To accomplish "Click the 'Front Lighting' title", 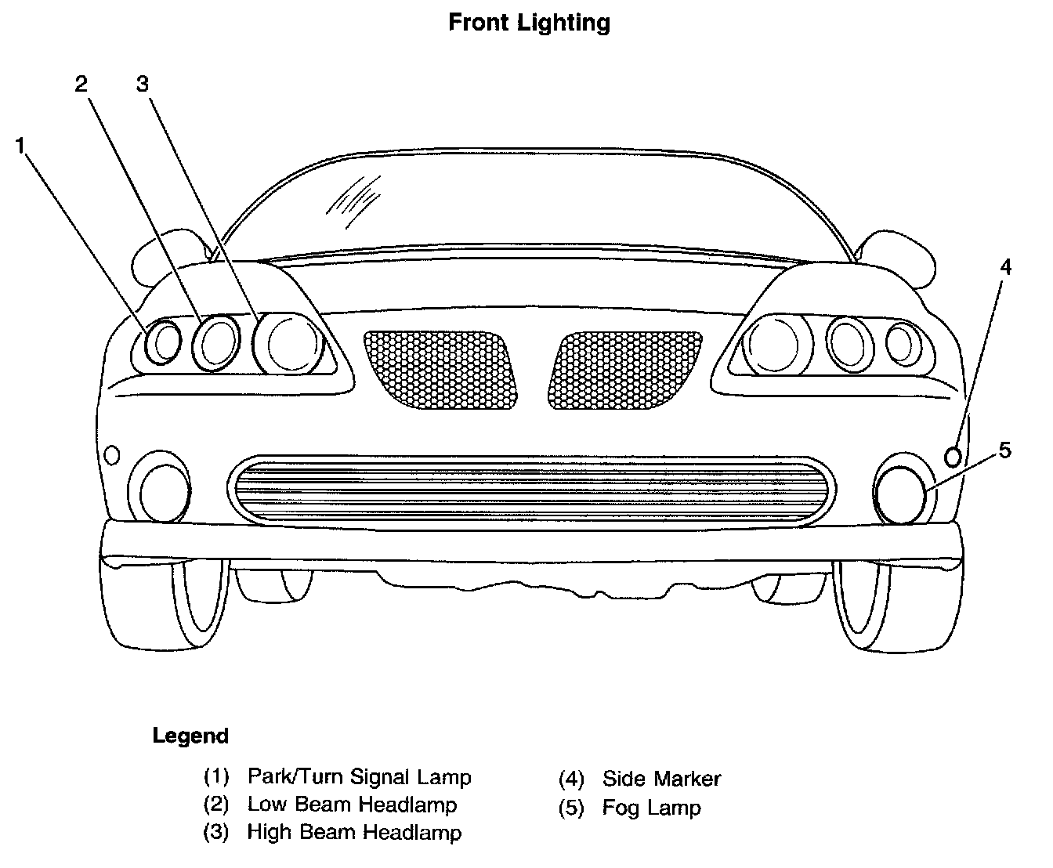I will [529, 23].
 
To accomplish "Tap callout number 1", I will [21, 145].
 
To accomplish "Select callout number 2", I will [81, 85].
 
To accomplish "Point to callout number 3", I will [142, 84].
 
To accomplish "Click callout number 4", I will [1005, 268].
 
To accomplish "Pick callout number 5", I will [1004, 450].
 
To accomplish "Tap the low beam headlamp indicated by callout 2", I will [216, 342].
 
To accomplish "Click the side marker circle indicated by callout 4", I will [953, 455].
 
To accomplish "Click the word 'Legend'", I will [190, 736].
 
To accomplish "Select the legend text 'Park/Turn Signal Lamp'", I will [359, 777].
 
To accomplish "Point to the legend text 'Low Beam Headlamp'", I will [352, 805].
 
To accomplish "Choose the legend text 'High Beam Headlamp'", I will [354, 832].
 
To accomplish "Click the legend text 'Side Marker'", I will [661, 779].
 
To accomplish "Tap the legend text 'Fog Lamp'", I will [651, 808].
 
